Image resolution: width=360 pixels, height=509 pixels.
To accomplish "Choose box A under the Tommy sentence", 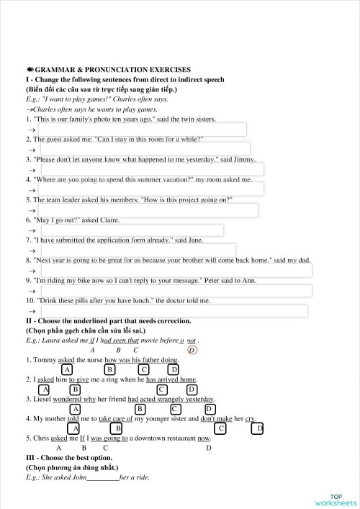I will pos(67,369).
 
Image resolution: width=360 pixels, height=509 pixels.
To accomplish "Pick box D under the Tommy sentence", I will pos(173,369).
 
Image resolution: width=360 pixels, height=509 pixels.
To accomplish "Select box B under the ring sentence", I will pos(74,389).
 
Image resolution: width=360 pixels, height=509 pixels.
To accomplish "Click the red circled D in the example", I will pos(192,350).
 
